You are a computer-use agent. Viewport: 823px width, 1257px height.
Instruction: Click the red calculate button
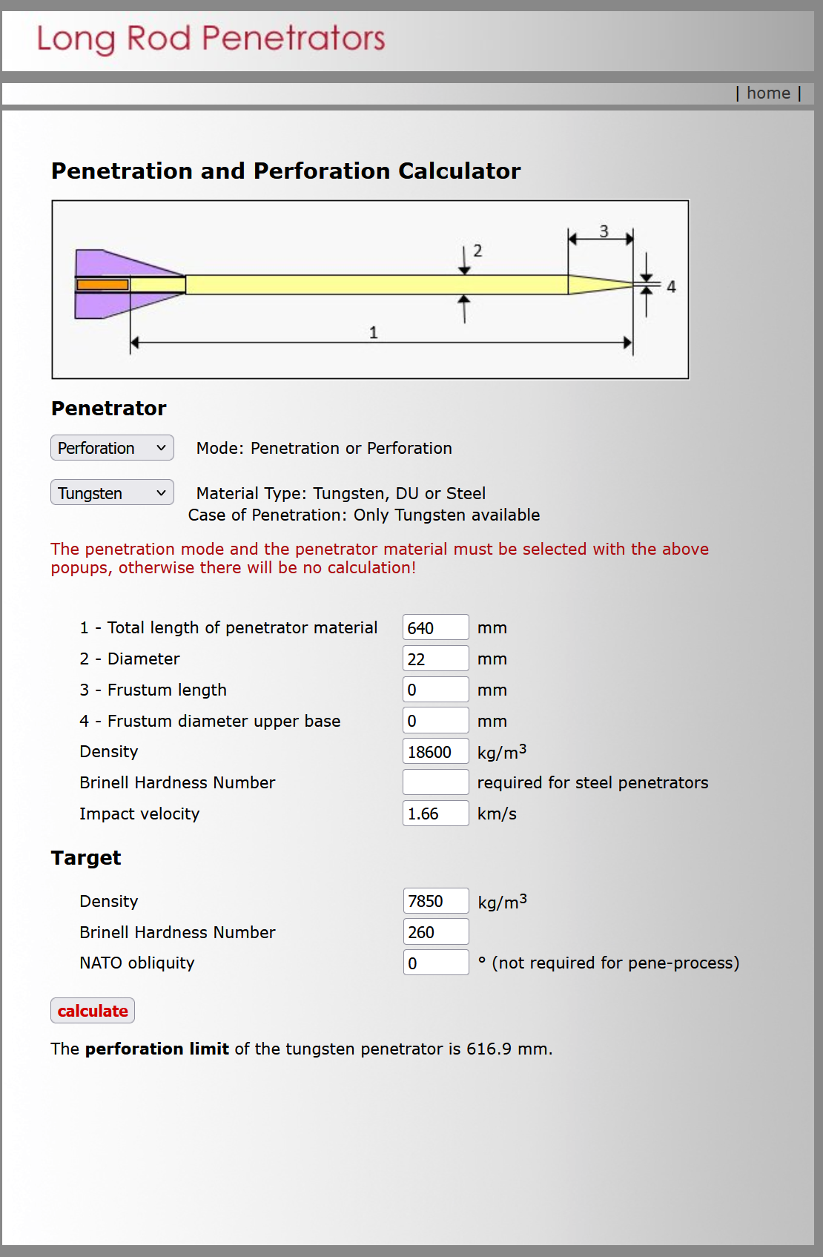[x=93, y=1011]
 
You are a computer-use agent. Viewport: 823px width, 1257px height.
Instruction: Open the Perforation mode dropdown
[x=112, y=448]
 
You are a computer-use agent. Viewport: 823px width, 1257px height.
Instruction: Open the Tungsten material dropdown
[x=112, y=492]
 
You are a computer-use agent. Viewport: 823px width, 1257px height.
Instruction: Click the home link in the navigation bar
[x=768, y=93]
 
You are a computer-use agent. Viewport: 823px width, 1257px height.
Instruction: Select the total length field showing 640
[x=435, y=627]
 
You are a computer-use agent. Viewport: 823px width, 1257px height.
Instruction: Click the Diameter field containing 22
[x=435, y=659]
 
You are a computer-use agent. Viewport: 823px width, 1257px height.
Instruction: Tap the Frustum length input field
[x=435, y=690]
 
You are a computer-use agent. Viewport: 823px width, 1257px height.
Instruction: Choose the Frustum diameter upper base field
[x=435, y=721]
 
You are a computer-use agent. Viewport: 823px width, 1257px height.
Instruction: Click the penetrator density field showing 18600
[x=435, y=752]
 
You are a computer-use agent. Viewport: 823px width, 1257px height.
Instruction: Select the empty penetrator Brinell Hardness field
[x=435, y=782]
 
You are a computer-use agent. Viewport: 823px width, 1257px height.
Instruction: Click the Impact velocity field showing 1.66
[x=435, y=814]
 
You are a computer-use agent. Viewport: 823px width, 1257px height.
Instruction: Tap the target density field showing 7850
[x=436, y=901]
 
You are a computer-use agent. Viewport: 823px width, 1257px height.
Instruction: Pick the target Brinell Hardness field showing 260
[x=436, y=932]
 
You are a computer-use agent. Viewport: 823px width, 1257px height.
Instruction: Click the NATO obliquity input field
[x=436, y=963]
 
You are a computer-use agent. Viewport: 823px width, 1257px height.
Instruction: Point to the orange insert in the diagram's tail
[x=102, y=285]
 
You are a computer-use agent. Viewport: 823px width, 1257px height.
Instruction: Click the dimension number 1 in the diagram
[x=374, y=333]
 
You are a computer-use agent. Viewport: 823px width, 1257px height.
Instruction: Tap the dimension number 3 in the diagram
[x=604, y=231]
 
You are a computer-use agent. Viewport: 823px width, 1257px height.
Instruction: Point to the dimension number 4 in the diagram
[x=671, y=287]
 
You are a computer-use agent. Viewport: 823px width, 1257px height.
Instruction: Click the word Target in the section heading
[x=86, y=858]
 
